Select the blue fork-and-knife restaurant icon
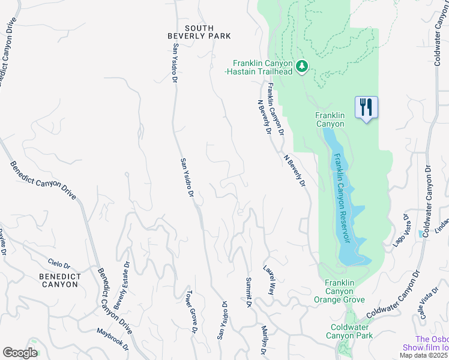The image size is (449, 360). pyautogui.click(x=366, y=108)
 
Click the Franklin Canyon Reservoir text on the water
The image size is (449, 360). pyautogui.click(x=342, y=198)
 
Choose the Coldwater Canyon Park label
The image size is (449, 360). pyautogui.click(x=351, y=331)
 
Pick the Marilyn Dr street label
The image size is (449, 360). pyautogui.click(x=264, y=341)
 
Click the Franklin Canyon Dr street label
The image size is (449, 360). pyautogui.click(x=276, y=108)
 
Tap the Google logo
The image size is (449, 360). pyautogui.click(x=20, y=353)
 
